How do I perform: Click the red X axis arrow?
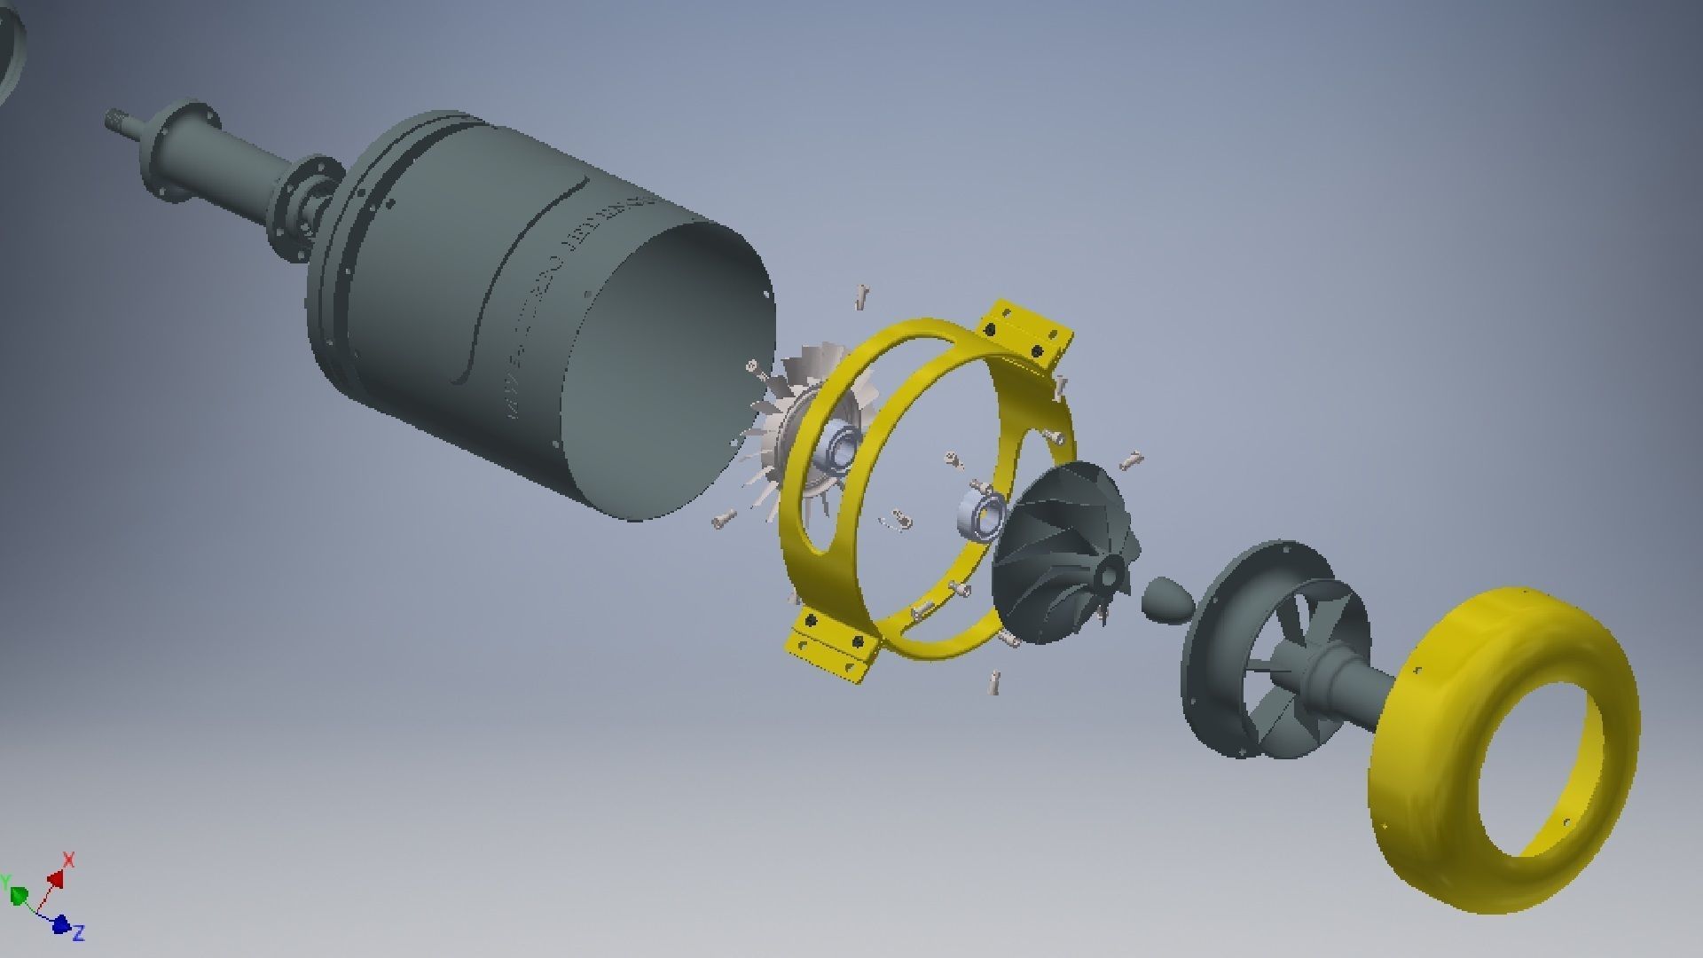pos(57,878)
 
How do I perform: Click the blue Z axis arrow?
pos(60,924)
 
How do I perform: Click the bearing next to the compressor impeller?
pos(981,514)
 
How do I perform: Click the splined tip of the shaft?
pos(115,120)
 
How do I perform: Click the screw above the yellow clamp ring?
pos(861,296)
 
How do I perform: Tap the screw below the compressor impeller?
pos(994,681)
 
